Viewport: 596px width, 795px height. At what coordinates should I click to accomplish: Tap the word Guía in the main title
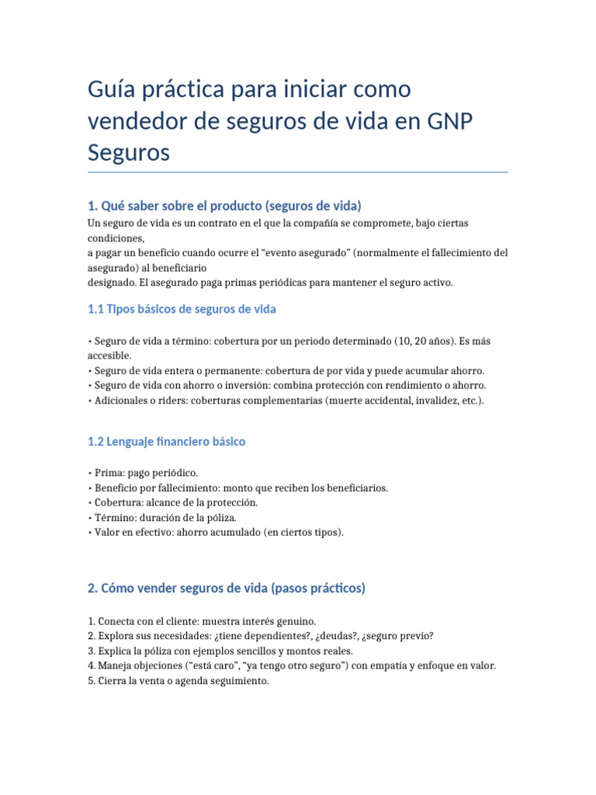pos(114,89)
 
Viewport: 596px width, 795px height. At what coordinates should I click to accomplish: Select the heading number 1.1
pos(95,309)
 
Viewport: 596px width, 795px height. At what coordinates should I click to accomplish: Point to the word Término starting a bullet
pos(113,517)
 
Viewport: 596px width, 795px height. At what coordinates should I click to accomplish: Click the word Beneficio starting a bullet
pos(116,488)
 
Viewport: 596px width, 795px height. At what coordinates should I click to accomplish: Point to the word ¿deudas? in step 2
pos(319,636)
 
